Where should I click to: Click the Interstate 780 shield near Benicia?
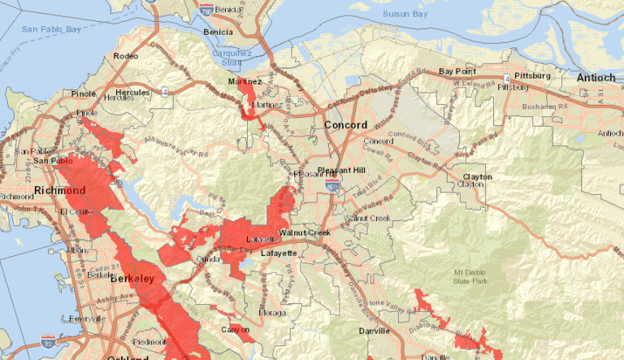(208, 10)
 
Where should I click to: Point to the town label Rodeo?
(128, 56)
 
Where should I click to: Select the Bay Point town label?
(457, 72)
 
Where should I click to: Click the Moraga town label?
(272, 312)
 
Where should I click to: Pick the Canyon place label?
(234, 329)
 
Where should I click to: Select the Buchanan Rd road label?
(545, 106)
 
